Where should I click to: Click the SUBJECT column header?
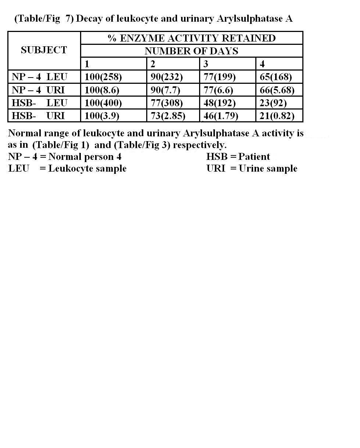tap(44, 50)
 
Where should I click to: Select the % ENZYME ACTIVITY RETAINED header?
tap(191, 38)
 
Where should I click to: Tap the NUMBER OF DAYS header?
tap(191, 51)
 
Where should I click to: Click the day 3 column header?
tap(206, 64)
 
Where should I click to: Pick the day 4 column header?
tap(262, 64)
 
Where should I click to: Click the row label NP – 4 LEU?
tap(40, 77)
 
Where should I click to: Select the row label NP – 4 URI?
tap(38, 90)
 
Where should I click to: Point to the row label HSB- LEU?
tap(40, 103)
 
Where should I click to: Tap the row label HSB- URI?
tap(38, 116)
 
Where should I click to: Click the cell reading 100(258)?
tap(103, 77)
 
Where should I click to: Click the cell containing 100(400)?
tap(103, 103)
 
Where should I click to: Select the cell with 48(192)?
tap(220, 103)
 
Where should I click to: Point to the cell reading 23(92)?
tap(274, 103)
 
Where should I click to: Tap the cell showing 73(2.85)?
tap(168, 116)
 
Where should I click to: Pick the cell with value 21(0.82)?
tap(277, 116)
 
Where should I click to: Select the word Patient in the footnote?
tap(254, 157)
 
